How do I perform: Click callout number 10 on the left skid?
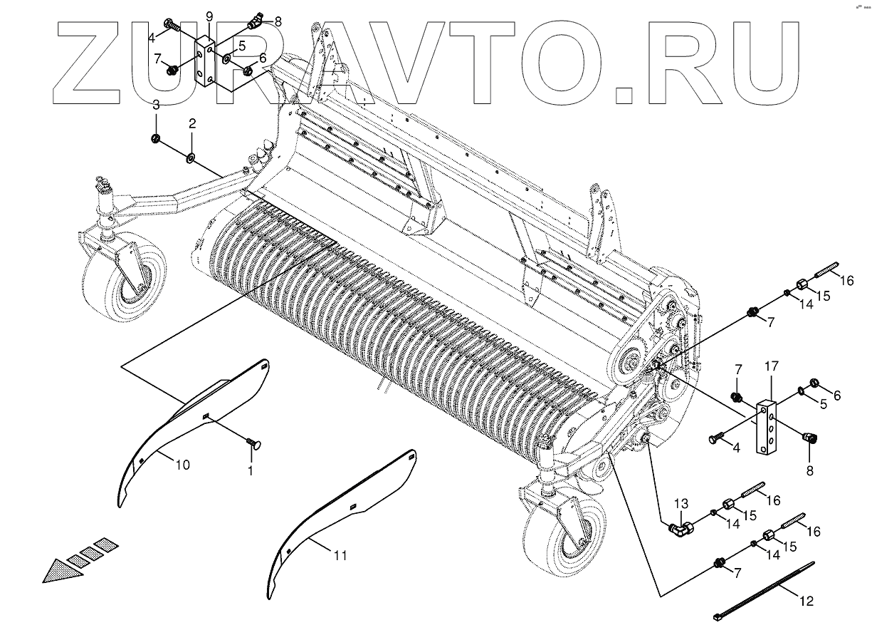click(x=182, y=465)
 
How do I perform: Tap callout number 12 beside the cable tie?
click(x=805, y=601)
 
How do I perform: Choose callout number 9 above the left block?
click(x=209, y=16)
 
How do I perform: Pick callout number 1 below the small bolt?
click(x=250, y=471)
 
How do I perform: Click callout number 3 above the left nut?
click(x=156, y=104)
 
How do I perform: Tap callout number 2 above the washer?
click(x=191, y=123)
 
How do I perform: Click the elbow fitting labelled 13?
click(x=679, y=529)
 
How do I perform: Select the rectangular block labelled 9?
click(x=208, y=63)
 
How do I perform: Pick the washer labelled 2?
click(x=191, y=156)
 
